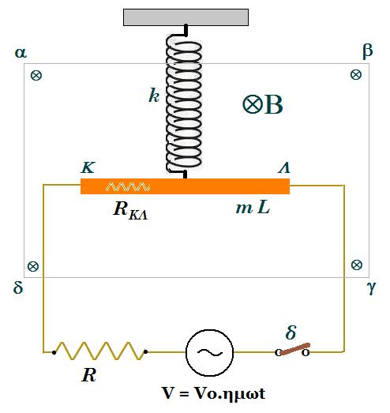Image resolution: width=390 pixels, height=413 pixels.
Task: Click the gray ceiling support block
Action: pyautogui.click(x=186, y=17)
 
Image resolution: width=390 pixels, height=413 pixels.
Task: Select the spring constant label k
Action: pyautogui.click(x=154, y=95)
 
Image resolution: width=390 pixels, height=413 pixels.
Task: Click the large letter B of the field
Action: pyautogui.click(x=274, y=104)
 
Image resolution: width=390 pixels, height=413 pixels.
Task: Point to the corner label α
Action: pyautogui.click(x=21, y=53)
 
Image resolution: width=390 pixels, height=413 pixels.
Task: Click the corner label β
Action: pyautogui.click(x=368, y=51)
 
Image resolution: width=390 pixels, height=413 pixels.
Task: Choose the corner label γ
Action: pyautogui.click(x=371, y=287)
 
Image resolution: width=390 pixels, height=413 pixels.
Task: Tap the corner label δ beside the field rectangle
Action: pyautogui.click(x=18, y=287)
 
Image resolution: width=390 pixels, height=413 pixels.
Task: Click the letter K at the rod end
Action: pyautogui.click(x=88, y=167)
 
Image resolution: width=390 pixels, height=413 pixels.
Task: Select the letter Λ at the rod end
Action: pyautogui.click(x=284, y=167)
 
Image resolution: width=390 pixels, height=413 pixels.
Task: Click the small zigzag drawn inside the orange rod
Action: pyautogui.click(x=128, y=186)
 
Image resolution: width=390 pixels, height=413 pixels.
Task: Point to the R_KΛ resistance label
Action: pyautogui.click(x=130, y=211)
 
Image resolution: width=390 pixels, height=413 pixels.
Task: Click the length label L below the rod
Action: pyautogui.click(x=264, y=208)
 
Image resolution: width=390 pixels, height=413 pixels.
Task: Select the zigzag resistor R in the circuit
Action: pyautogui.click(x=99, y=351)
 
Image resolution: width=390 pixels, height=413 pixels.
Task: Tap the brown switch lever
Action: pyautogui.click(x=294, y=349)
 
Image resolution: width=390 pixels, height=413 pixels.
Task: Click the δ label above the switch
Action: pyautogui.click(x=291, y=332)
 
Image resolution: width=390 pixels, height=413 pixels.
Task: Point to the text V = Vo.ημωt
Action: pyautogui.click(x=214, y=393)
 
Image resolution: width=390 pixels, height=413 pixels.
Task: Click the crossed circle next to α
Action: pyautogui.click(x=36, y=76)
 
